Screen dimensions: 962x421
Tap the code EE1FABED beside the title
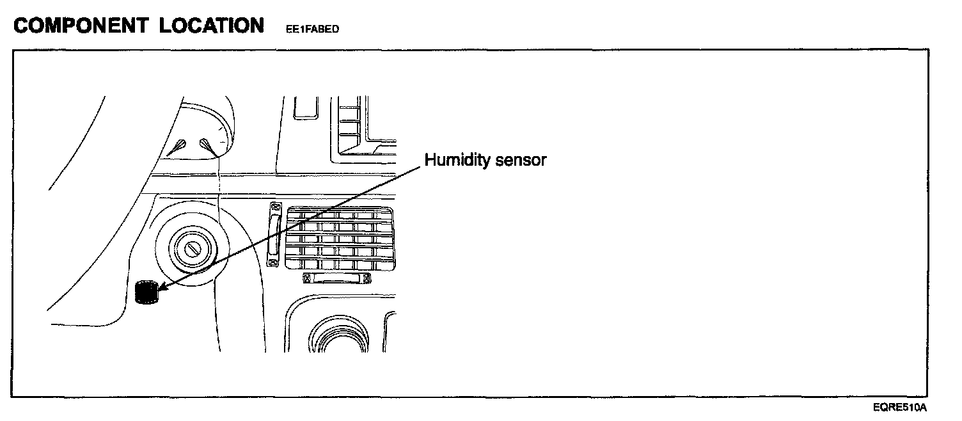pyautogui.click(x=312, y=29)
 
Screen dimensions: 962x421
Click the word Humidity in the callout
pyautogui.click(x=458, y=160)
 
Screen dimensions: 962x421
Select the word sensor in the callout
pyautogui.click(x=521, y=160)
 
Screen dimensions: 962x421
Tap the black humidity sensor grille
pyautogui.click(x=146, y=292)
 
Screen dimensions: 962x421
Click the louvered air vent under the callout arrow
pyautogui.click(x=338, y=239)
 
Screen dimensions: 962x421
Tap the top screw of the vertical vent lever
pyautogui.click(x=276, y=208)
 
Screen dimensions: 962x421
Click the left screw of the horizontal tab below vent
pyautogui.click(x=306, y=278)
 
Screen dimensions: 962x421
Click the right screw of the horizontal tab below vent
pyautogui.click(x=367, y=278)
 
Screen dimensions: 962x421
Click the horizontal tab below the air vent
pyautogui.click(x=337, y=278)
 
